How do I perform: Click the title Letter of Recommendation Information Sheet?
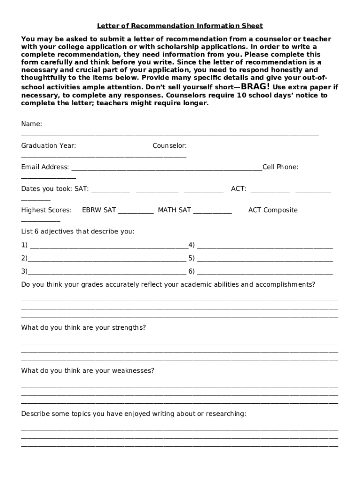coord(180,26)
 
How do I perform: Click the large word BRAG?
coord(255,87)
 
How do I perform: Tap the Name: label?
coord(32,124)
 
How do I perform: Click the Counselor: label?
coord(169,145)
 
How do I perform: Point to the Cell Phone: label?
coord(280,167)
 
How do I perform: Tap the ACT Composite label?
coord(273,210)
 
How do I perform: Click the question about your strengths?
coord(83,327)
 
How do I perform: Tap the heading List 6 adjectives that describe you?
coord(78,232)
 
